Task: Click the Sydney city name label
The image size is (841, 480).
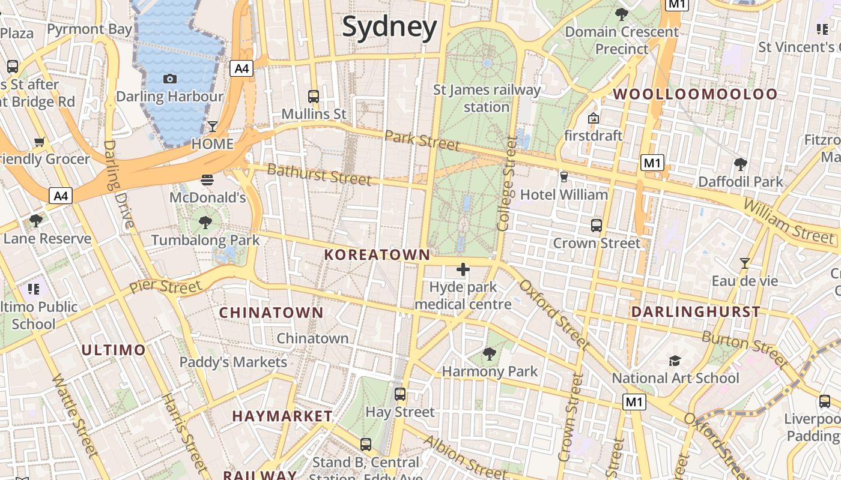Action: click(389, 28)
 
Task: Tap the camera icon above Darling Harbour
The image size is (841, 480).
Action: click(170, 79)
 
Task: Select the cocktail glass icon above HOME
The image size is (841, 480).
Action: click(212, 126)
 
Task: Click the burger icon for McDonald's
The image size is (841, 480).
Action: click(207, 179)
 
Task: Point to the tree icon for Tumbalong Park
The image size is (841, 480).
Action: click(205, 223)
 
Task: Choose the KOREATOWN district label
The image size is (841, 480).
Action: click(377, 255)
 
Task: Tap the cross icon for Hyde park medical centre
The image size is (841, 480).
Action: click(463, 269)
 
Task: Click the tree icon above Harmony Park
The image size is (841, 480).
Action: click(490, 354)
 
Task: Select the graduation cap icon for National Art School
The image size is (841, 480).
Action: click(675, 361)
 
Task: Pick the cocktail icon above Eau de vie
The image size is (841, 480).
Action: click(745, 263)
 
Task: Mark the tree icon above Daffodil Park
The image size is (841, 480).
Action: click(741, 164)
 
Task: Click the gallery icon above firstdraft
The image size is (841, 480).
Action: click(594, 118)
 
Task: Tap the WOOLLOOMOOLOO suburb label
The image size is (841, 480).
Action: click(695, 94)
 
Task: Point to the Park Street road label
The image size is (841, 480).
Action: click(422, 140)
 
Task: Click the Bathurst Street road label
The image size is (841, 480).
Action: click(319, 174)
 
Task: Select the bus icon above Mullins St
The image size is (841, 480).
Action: click(313, 96)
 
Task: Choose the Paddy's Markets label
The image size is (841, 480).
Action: click(234, 362)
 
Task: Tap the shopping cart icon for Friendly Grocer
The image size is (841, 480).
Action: click(40, 142)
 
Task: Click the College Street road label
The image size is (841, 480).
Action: click(507, 184)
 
